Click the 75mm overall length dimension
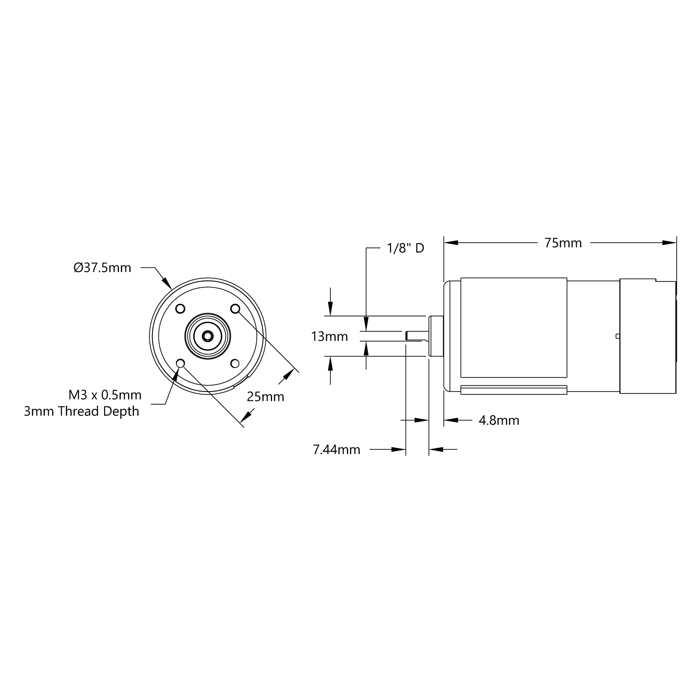click(x=563, y=243)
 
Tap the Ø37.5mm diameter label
click(x=102, y=268)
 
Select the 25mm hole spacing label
click(x=265, y=397)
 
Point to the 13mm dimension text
click(x=329, y=336)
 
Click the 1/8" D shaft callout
click(x=406, y=248)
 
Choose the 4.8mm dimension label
click(x=499, y=420)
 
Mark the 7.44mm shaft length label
click(x=336, y=450)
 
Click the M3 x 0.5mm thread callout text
click(x=105, y=395)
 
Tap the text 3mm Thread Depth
click(x=82, y=412)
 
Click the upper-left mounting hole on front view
click(x=180, y=309)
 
